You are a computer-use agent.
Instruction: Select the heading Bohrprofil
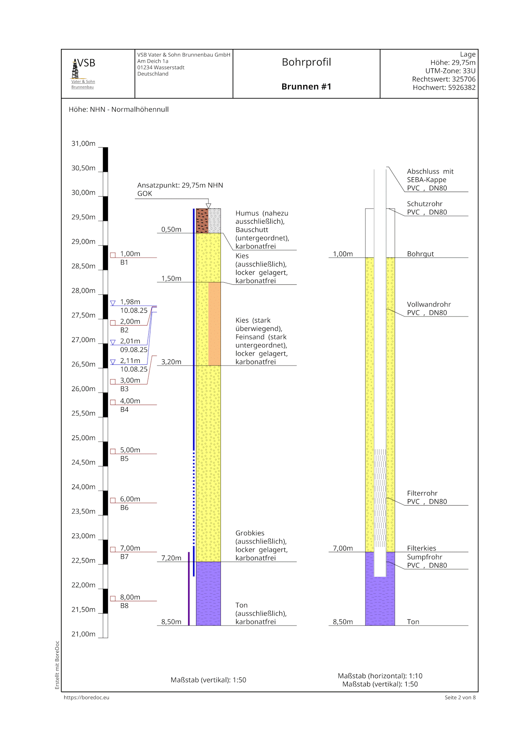306,62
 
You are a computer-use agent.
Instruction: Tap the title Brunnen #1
306,87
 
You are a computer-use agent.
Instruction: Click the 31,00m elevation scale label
83,143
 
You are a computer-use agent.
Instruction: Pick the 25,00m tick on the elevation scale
83,438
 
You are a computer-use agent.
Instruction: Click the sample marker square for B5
113,451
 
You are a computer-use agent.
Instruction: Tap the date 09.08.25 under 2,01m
133,349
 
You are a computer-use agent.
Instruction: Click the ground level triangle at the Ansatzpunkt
208,206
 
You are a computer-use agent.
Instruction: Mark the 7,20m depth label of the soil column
171,558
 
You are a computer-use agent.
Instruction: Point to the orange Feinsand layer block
214,323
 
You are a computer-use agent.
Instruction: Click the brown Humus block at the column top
202,220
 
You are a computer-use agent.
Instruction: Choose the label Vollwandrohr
428,304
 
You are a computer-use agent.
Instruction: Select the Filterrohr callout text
422,493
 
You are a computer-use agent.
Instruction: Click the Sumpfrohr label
424,557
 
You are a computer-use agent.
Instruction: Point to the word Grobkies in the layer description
250,533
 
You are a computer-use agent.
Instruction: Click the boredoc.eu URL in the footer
87,697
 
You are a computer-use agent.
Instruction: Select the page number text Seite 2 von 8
460,697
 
